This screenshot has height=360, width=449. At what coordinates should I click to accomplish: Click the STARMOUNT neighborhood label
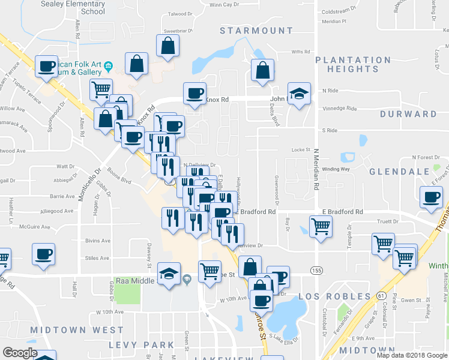tap(256, 31)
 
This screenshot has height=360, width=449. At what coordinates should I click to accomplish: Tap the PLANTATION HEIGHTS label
tap(353, 64)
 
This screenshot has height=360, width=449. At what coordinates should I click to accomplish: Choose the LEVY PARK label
tap(142, 345)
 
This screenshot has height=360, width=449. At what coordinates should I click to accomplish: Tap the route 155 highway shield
tap(316, 272)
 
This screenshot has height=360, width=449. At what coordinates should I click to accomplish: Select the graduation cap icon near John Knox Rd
tap(298, 94)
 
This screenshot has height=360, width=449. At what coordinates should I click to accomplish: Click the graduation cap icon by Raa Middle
tap(169, 274)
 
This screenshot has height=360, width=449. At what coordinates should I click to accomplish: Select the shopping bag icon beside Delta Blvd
tap(262, 70)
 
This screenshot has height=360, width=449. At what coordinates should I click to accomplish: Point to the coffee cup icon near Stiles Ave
tap(43, 254)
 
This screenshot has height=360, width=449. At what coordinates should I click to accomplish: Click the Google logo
tap(20, 353)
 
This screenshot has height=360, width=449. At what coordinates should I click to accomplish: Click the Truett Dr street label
tap(371, 221)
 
